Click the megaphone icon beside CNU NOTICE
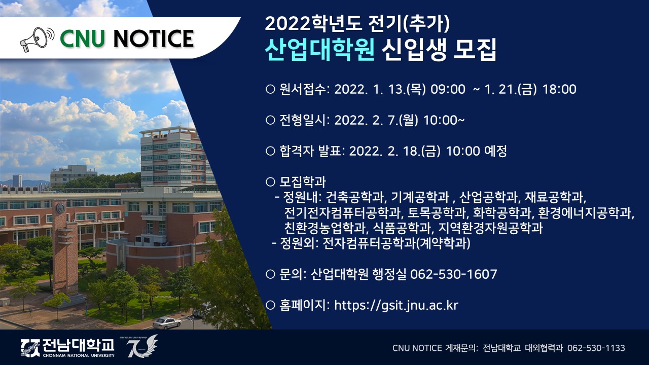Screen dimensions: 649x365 (37, 40)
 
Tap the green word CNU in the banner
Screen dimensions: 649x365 (82, 39)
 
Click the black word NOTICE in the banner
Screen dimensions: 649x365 (154, 39)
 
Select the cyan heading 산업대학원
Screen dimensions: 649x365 (319, 49)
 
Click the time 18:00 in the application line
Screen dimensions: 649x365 (559, 89)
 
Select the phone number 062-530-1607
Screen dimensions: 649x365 (453, 274)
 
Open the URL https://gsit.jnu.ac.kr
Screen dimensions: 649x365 (396, 305)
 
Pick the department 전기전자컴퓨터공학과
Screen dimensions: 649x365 (342, 212)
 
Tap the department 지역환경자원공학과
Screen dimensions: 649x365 (490, 228)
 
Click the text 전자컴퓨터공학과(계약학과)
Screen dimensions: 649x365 (396, 243)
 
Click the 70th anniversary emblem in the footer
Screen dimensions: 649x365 (142, 346)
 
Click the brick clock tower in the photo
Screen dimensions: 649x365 (64, 246)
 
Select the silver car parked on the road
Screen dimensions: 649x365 (167, 322)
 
